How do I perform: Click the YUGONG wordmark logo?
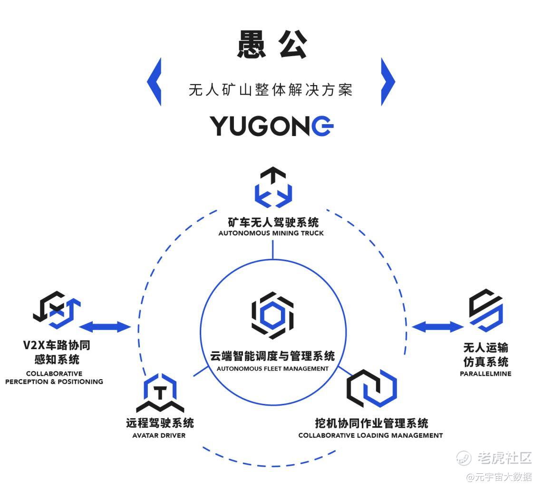click(x=271, y=126)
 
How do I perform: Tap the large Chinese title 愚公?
click(x=271, y=45)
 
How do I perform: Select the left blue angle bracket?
click(x=155, y=81)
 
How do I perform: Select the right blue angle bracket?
click(x=387, y=81)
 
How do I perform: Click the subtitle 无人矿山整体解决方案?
click(x=271, y=90)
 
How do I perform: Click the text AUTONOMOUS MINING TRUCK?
click(x=271, y=233)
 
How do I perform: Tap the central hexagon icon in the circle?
click(x=272, y=315)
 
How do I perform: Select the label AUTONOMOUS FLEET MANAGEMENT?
click(x=272, y=368)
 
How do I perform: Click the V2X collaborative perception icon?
click(x=57, y=309)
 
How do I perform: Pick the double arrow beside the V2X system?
click(x=105, y=327)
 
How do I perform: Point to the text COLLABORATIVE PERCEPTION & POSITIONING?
click(x=54, y=378)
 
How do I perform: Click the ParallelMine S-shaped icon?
click(x=485, y=310)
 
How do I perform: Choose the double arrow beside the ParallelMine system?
click(x=437, y=327)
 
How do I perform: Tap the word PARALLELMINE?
click(x=485, y=373)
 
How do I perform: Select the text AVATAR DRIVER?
click(x=159, y=435)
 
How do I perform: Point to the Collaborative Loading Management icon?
click(x=371, y=388)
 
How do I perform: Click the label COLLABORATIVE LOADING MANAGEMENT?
click(x=370, y=435)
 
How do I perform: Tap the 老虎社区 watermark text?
click(x=504, y=458)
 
